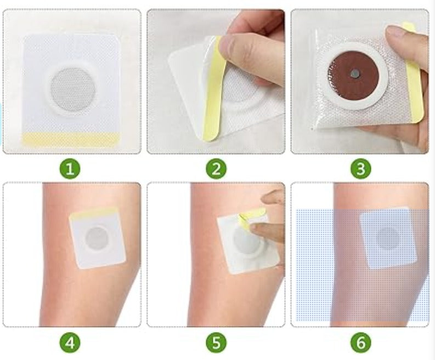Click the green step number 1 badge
[x=70, y=169]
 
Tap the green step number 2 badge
[x=216, y=169]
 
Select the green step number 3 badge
[x=360, y=169]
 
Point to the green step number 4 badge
[x=70, y=343]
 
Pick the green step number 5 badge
[x=216, y=343]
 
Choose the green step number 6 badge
[x=360, y=343]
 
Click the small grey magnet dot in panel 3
[x=354, y=74]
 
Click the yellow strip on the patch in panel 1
[x=71, y=139]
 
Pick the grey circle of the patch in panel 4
[x=96, y=239]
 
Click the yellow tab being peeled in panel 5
[x=251, y=219]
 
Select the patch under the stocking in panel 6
[x=388, y=238]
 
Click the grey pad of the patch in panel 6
[x=388, y=238]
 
